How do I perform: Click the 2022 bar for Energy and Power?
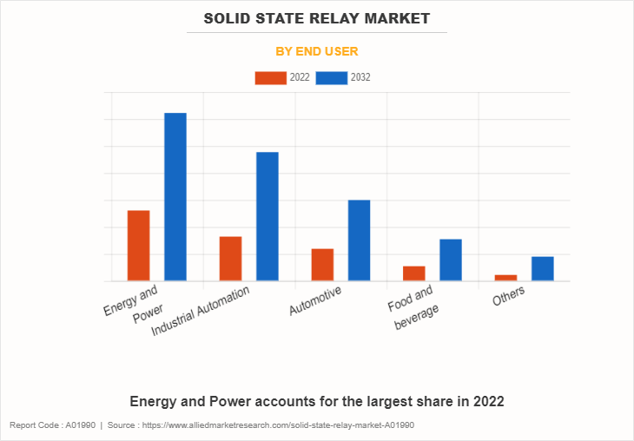[x=138, y=246]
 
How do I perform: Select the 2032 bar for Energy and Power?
[x=175, y=197]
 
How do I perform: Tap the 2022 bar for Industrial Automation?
[x=230, y=259]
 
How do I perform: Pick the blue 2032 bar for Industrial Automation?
[x=267, y=216]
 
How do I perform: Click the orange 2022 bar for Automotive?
[x=322, y=265]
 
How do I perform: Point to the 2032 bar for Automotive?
[x=359, y=240]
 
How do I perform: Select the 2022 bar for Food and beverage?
[x=414, y=273]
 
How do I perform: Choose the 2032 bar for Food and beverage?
[x=451, y=260]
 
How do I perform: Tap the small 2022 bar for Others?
[x=505, y=278]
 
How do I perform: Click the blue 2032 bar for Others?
[x=543, y=268]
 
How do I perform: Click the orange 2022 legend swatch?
[x=271, y=78]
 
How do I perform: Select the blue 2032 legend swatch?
[x=331, y=78]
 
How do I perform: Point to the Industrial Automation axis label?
[x=201, y=311]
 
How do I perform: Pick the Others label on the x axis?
[x=509, y=298]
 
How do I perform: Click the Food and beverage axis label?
[x=413, y=309]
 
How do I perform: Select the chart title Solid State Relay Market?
[x=317, y=18]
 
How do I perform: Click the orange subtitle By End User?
[x=317, y=51]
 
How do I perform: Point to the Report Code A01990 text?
[x=52, y=425]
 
